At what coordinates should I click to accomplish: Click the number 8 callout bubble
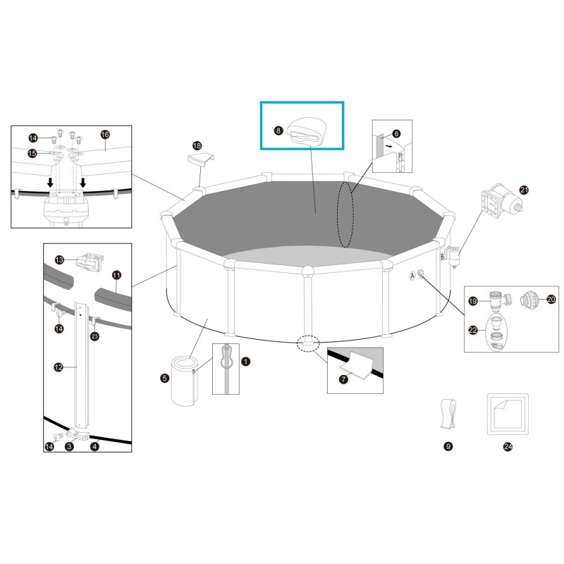tap(278, 130)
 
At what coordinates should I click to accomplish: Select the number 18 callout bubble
tap(197, 146)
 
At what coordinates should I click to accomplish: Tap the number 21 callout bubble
tap(523, 190)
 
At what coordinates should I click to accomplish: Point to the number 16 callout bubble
tap(105, 134)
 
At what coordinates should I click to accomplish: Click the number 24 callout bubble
tap(508, 446)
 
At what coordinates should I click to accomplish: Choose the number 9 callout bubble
tap(448, 446)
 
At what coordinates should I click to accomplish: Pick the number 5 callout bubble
tap(164, 379)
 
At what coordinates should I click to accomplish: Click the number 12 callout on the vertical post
tap(59, 366)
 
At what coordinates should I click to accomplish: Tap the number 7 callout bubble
tap(343, 379)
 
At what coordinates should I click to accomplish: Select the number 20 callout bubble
tap(551, 299)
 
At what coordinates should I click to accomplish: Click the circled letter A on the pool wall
tap(412, 277)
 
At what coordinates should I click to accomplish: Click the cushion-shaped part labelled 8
tap(307, 130)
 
